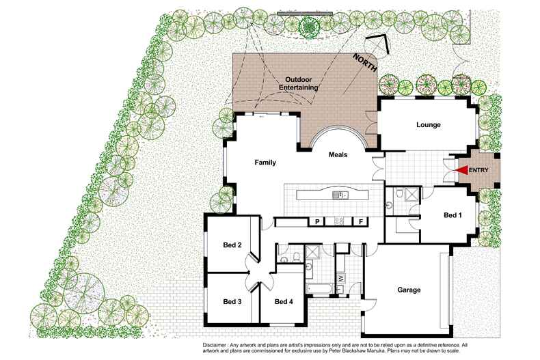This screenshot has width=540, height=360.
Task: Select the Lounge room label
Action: click(428, 125)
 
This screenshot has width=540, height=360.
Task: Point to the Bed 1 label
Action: click(453, 215)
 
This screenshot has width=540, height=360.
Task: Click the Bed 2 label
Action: click(232, 245)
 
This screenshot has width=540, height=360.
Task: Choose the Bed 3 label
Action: click(232, 301)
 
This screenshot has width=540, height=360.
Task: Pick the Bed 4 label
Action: click(284, 301)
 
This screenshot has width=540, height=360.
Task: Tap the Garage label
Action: click(409, 290)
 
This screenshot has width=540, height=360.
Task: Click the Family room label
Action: click(265, 163)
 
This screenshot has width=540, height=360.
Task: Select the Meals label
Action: click(338, 154)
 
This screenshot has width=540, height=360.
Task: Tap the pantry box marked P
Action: click(317, 221)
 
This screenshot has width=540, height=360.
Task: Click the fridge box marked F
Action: click(360, 221)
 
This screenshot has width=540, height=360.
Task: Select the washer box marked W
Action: click(340, 279)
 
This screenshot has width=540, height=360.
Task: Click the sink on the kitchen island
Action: click(340, 195)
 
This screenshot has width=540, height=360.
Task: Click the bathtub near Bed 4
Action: click(318, 290)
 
